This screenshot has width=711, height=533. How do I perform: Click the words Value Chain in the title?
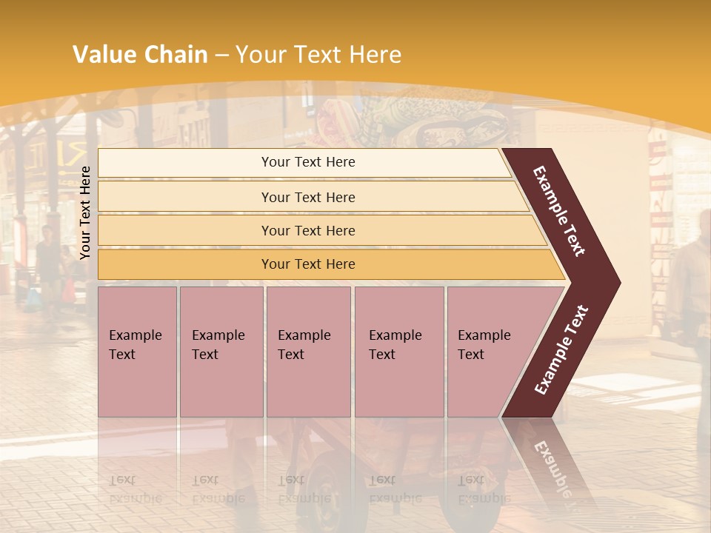(140, 55)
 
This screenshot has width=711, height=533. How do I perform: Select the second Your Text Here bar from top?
(307, 197)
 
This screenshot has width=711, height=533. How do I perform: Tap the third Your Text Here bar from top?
(307, 230)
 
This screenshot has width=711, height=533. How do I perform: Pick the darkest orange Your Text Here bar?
(307, 264)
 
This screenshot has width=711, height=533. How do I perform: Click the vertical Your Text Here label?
(85, 212)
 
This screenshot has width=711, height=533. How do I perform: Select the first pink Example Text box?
(137, 352)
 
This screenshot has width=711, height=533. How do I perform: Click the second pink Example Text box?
(221, 352)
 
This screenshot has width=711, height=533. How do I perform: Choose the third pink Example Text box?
(308, 352)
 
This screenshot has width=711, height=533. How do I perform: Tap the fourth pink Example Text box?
(398, 352)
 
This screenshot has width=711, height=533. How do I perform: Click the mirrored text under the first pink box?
(135, 489)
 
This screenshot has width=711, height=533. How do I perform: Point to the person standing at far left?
(48, 259)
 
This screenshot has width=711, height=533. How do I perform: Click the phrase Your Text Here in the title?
(318, 55)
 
